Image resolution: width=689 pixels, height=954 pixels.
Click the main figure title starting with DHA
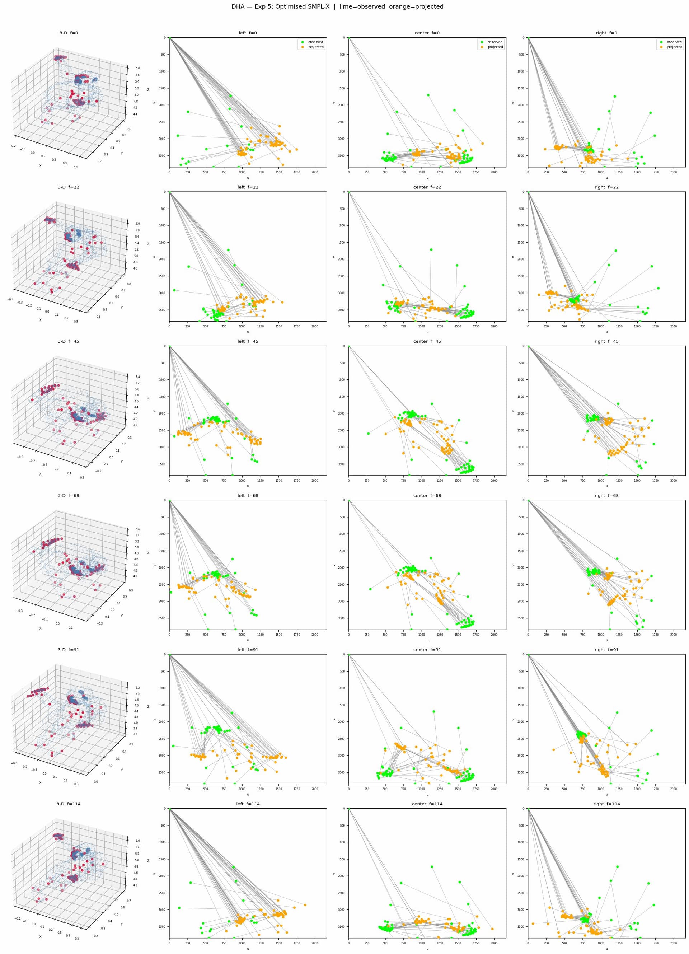click(x=337, y=7)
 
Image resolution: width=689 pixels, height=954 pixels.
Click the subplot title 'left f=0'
click(x=248, y=33)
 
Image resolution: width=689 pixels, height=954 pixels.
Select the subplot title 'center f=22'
click(x=427, y=187)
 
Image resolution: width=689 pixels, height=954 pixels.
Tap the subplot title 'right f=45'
click(x=606, y=341)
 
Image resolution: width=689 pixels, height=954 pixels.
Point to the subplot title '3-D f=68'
click(x=69, y=496)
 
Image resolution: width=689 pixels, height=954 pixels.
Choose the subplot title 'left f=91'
click(x=248, y=650)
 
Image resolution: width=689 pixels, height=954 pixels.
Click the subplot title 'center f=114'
click(x=427, y=804)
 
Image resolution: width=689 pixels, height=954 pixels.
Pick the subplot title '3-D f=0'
click(x=69, y=33)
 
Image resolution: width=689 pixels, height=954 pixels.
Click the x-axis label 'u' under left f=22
click(x=248, y=332)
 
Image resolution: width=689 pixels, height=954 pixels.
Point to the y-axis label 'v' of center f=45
click(x=334, y=411)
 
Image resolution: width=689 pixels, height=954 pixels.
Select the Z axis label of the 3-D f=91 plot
click(x=148, y=706)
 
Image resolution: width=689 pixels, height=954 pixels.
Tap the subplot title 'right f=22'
click(x=606, y=187)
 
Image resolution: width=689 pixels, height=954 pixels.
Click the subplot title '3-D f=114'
click(x=69, y=804)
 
